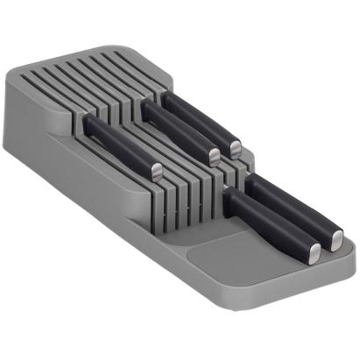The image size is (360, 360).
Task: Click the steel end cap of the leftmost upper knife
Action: [x=155, y=171]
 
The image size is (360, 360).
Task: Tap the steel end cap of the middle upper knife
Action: [x=214, y=157]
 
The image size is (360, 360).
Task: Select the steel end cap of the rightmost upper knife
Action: [x=236, y=146]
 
